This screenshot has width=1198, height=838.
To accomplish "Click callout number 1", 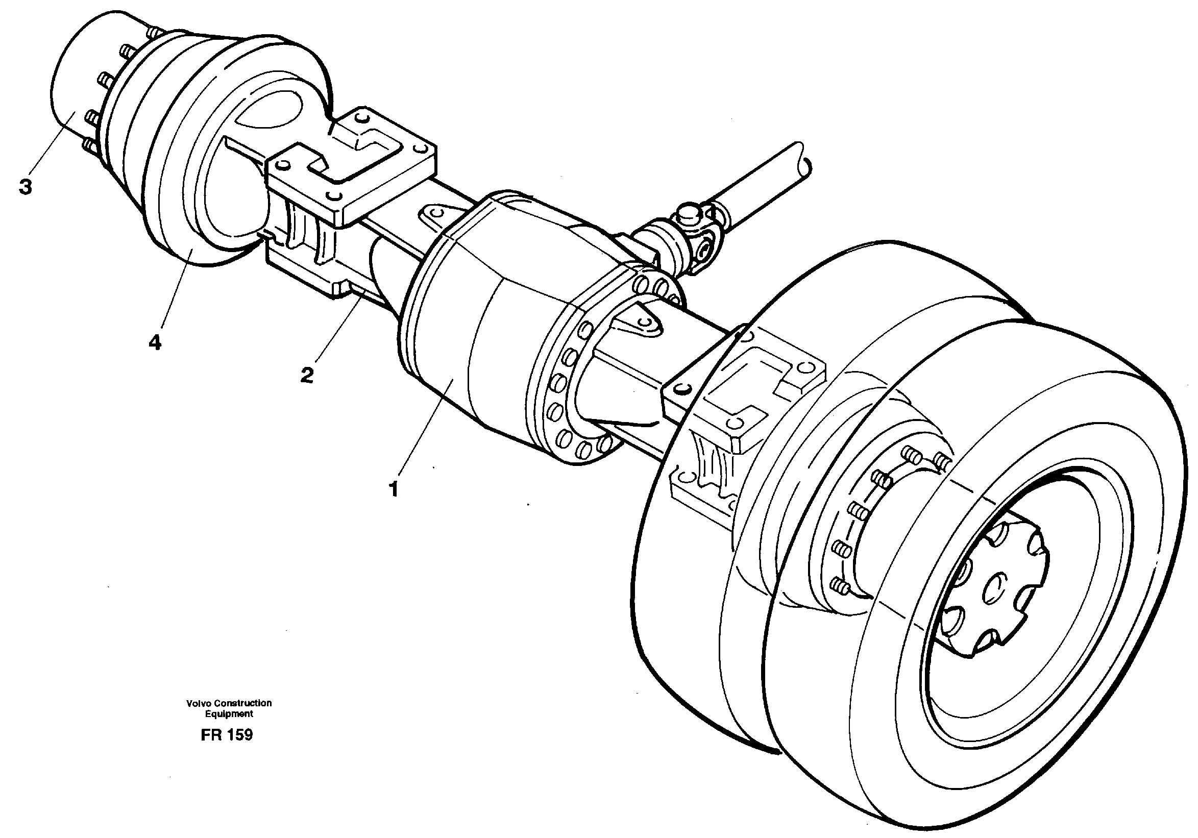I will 394,489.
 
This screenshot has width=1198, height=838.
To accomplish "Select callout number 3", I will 25,186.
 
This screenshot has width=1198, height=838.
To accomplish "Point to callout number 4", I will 155,342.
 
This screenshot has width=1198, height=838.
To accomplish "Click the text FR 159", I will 227,735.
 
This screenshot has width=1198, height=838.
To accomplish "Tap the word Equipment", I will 229,714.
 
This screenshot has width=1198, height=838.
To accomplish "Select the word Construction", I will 242,703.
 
